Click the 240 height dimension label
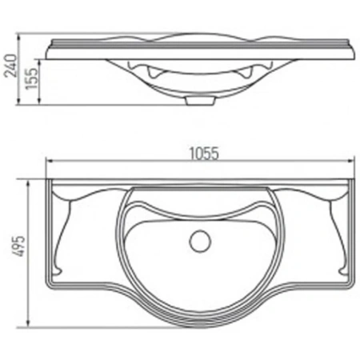(x=11, y=66)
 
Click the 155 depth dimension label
(x=31, y=78)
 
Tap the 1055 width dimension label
(x=204, y=154)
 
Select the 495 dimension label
(x=19, y=246)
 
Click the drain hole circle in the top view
(x=200, y=241)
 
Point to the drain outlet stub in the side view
(x=200, y=101)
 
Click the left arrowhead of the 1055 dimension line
(x=50, y=161)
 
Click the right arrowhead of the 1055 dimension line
(x=351, y=161)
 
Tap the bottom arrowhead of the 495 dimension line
(x=28, y=323)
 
